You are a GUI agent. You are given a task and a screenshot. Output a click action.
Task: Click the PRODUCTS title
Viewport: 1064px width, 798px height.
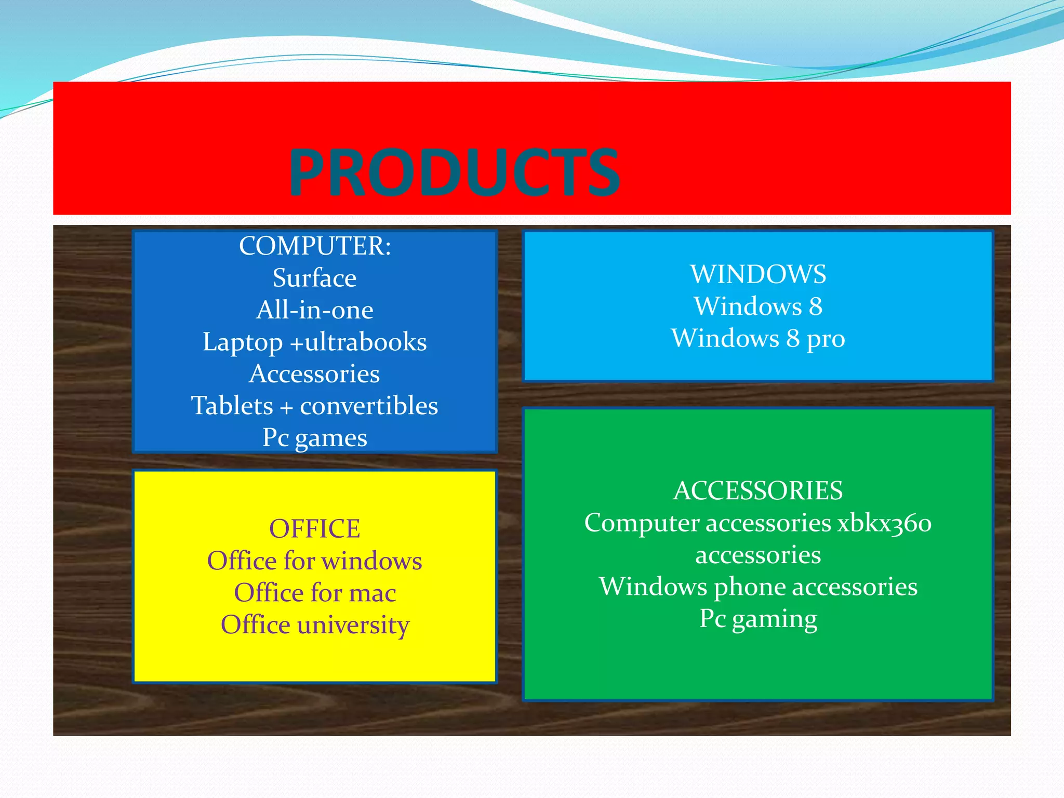point(454,172)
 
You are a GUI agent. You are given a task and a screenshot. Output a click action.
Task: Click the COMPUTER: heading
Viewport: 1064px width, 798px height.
point(315,246)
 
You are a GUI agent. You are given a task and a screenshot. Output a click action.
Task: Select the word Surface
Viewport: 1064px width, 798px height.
point(315,278)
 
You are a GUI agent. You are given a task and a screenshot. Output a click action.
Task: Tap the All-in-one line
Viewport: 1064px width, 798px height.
point(315,310)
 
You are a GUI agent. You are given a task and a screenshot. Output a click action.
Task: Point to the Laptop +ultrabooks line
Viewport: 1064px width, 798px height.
point(315,342)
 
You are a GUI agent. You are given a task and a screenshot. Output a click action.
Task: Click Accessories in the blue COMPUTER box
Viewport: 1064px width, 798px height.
point(315,374)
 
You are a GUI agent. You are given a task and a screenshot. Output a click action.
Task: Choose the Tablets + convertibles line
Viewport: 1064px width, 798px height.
point(315,406)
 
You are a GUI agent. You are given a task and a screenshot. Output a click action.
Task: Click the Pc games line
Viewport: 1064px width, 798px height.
point(315,438)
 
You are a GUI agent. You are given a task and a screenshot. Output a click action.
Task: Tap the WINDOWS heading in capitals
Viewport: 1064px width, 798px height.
point(758,274)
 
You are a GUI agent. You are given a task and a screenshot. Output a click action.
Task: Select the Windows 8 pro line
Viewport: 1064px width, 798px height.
point(758,339)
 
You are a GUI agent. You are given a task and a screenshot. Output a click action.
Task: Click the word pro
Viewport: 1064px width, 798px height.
point(826,340)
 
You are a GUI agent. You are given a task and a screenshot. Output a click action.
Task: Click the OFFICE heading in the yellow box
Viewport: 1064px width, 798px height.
point(315,529)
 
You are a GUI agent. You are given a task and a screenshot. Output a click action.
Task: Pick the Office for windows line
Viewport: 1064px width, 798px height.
point(315,561)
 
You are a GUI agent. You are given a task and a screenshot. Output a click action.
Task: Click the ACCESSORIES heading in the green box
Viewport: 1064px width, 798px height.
point(758,491)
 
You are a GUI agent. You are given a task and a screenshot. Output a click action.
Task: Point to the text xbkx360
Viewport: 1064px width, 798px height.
point(884,523)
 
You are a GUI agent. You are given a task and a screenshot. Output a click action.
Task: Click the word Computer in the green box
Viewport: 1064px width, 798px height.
point(642,523)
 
